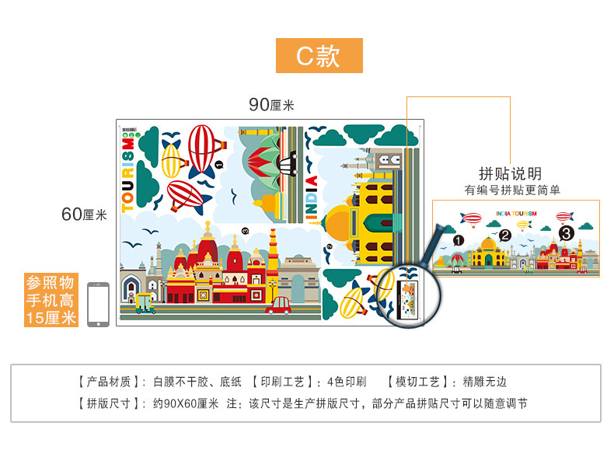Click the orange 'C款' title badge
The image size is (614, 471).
tap(319, 56)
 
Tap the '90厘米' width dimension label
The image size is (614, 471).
tap(271, 105)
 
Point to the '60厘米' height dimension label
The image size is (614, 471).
tap(84, 215)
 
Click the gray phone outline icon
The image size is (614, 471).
tap(98, 304)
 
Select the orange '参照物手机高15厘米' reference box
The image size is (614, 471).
tap(51, 300)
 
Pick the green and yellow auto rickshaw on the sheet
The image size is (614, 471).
tap(145, 304)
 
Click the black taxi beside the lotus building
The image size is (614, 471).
tap(290, 162)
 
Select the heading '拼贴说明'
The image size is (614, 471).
tap(511, 173)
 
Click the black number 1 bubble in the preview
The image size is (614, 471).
tap(459, 241)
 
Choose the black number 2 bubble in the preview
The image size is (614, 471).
tap(505, 236)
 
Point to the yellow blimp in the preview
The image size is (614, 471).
tap(527, 225)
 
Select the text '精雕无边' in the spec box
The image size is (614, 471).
tap(485, 382)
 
